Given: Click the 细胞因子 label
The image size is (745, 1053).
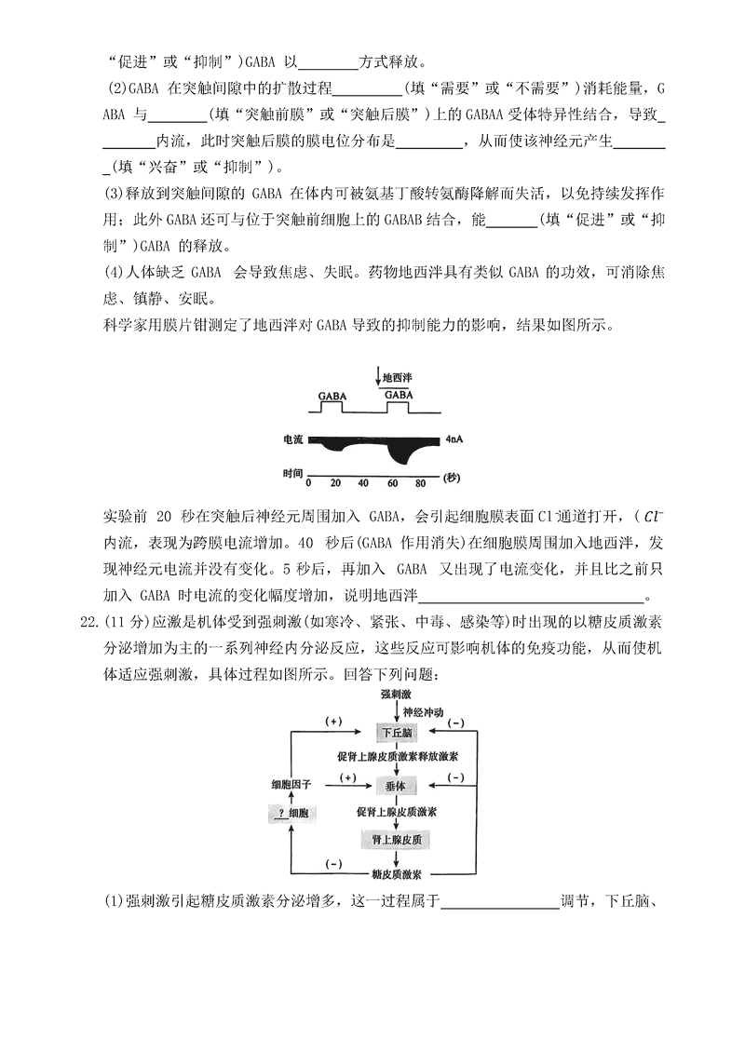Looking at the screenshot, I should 291,786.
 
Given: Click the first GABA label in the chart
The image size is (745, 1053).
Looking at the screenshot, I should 332,396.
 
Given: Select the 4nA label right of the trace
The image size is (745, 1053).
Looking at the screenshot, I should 455,438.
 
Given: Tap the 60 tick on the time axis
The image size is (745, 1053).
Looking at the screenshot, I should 392,483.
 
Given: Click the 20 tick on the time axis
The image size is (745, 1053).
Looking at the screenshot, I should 336,483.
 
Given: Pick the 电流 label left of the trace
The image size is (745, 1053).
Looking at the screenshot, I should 294,438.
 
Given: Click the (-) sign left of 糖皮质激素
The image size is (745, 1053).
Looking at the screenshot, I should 332,863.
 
